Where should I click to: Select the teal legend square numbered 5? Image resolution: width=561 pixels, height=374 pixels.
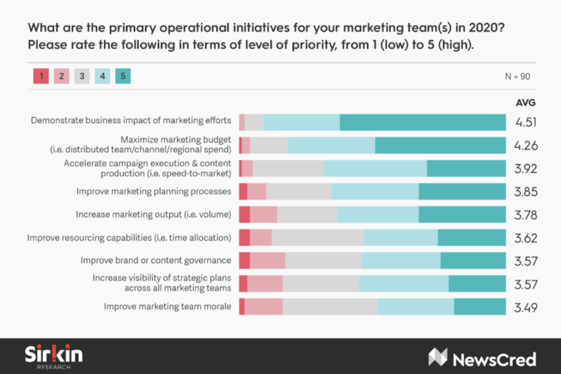tap(122, 76)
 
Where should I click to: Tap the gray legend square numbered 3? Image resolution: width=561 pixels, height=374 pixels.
tap(81, 76)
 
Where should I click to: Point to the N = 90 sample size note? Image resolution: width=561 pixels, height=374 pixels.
tap(518, 76)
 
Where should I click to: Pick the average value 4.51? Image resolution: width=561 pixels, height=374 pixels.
tap(525, 122)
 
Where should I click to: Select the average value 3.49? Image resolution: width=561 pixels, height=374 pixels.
tap(525, 307)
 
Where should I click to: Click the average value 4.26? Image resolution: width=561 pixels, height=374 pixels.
tap(525, 145)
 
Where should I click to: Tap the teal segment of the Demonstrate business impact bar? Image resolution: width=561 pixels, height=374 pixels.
tap(422, 122)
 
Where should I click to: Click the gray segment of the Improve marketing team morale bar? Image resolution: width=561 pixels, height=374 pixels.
tap(330, 307)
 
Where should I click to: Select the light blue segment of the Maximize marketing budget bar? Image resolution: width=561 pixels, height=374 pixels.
tap(331, 145)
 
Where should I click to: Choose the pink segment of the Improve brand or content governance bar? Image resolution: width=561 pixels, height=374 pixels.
tap(268, 260)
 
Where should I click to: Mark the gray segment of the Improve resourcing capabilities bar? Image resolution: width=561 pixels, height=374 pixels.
tap(318, 237)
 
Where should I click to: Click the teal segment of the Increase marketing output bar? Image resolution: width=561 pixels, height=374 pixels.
tap(462, 214)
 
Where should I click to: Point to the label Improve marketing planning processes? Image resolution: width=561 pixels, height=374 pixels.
tap(153, 191)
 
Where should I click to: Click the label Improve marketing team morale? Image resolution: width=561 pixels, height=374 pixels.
tap(167, 307)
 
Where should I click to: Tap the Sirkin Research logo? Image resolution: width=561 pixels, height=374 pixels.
tap(53, 356)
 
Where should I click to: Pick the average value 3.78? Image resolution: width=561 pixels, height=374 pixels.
tap(525, 214)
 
